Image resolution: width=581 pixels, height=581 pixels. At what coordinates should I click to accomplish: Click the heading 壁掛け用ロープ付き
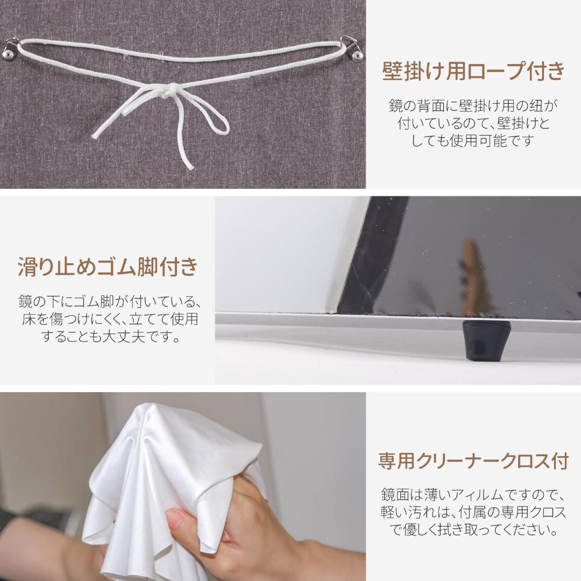[x=473, y=72]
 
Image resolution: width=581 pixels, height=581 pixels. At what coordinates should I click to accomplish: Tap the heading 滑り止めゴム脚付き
[x=108, y=267]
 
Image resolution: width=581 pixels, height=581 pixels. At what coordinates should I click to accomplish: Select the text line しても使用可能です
[x=473, y=141]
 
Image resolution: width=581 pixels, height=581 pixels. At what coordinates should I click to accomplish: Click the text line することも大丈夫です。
[x=108, y=337]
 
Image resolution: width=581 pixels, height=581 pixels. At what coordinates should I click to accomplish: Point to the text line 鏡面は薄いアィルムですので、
[x=473, y=494]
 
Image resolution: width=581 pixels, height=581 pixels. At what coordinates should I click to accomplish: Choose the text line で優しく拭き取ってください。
[x=473, y=529]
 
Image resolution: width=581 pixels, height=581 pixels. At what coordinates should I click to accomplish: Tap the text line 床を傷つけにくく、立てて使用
[x=108, y=319]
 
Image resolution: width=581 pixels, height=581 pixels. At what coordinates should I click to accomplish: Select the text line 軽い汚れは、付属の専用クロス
[x=473, y=512]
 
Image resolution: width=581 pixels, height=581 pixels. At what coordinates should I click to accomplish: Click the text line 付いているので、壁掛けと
[x=473, y=124]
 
